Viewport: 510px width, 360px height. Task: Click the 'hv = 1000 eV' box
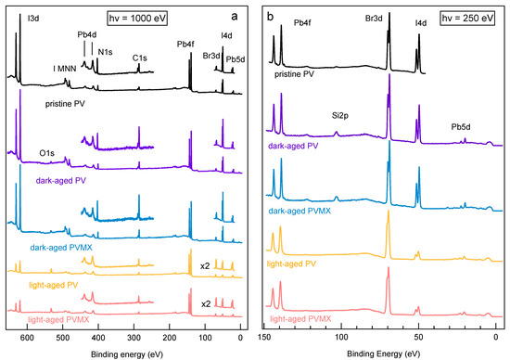[x=137, y=19]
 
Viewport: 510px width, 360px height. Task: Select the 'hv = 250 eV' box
[x=467, y=18]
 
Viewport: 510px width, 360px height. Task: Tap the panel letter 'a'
[x=235, y=17]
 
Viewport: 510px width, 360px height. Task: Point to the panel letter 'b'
[x=270, y=17]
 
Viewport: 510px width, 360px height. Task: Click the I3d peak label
[x=33, y=19]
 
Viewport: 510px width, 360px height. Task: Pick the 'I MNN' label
[x=65, y=69]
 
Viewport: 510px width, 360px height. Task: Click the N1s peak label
[x=105, y=52]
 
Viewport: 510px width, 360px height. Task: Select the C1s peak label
[x=139, y=58]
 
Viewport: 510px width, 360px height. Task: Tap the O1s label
[x=47, y=153]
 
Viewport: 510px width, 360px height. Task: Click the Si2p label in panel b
[x=340, y=116]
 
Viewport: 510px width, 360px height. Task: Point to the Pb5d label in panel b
[x=461, y=127]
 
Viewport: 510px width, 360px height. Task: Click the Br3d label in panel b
[x=374, y=19]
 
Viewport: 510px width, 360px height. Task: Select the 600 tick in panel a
[x=27, y=338]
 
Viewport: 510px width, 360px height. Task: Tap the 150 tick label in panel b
[x=264, y=337]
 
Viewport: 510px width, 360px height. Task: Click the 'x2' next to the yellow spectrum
[x=205, y=266]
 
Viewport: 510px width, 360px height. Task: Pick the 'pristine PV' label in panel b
[x=294, y=74]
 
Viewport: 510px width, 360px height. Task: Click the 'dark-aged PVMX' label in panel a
[x=61, y=248]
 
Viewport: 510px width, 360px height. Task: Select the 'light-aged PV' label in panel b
[x=291, y=264]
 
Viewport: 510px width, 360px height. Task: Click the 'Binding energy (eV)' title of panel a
[x=127, y=354]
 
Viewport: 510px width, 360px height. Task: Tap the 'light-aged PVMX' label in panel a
[x=58, y=319]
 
